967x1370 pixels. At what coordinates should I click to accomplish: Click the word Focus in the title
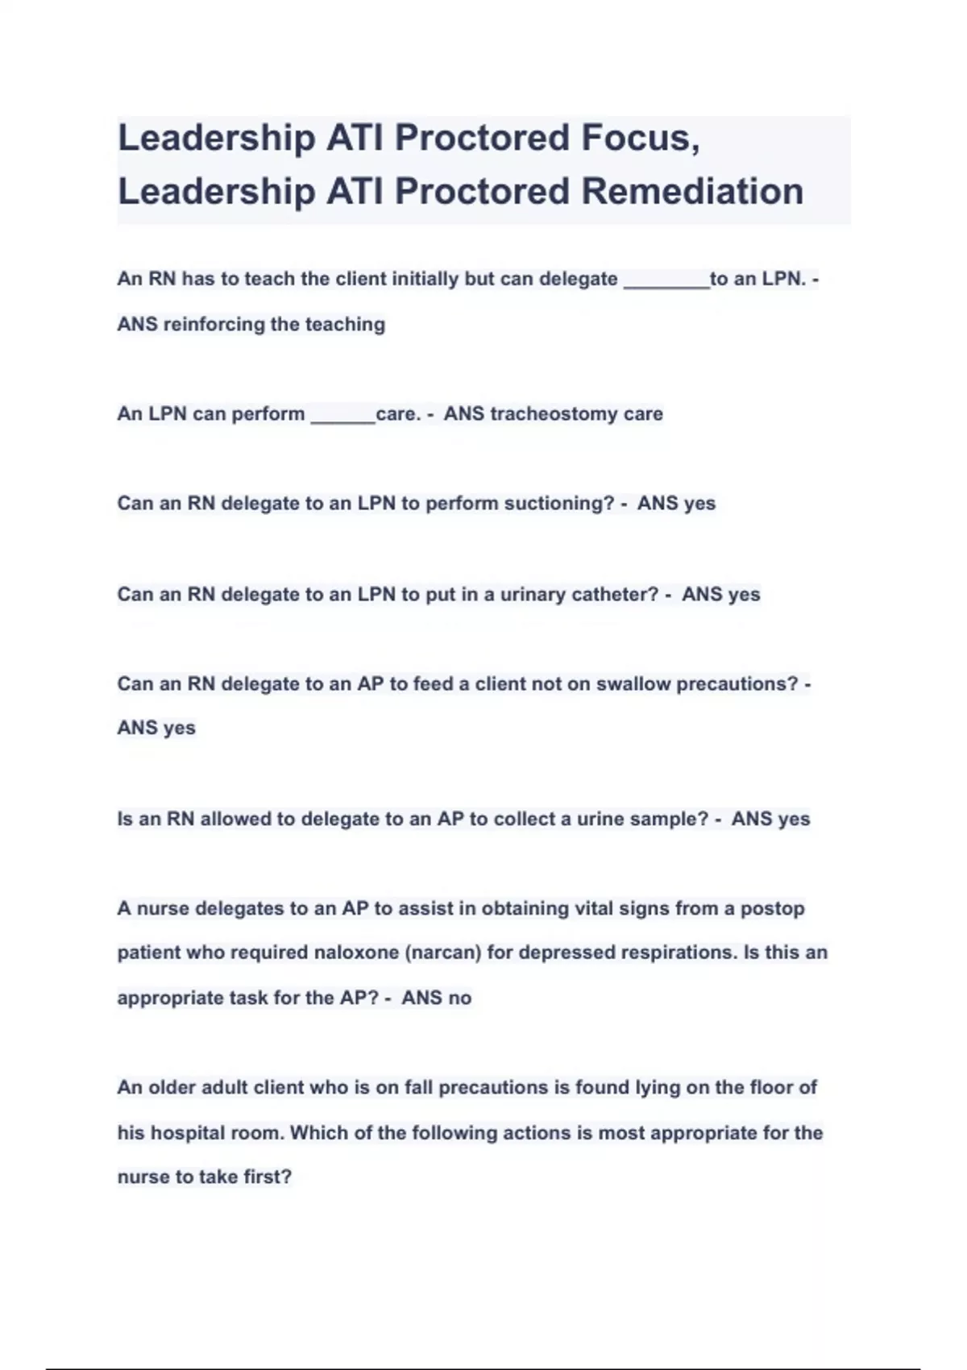point(640,139)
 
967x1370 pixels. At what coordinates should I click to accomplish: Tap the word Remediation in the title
point(692,192)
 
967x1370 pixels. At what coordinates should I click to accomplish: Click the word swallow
point(633,684)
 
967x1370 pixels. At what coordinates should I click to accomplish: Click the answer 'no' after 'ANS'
point(459,998)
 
